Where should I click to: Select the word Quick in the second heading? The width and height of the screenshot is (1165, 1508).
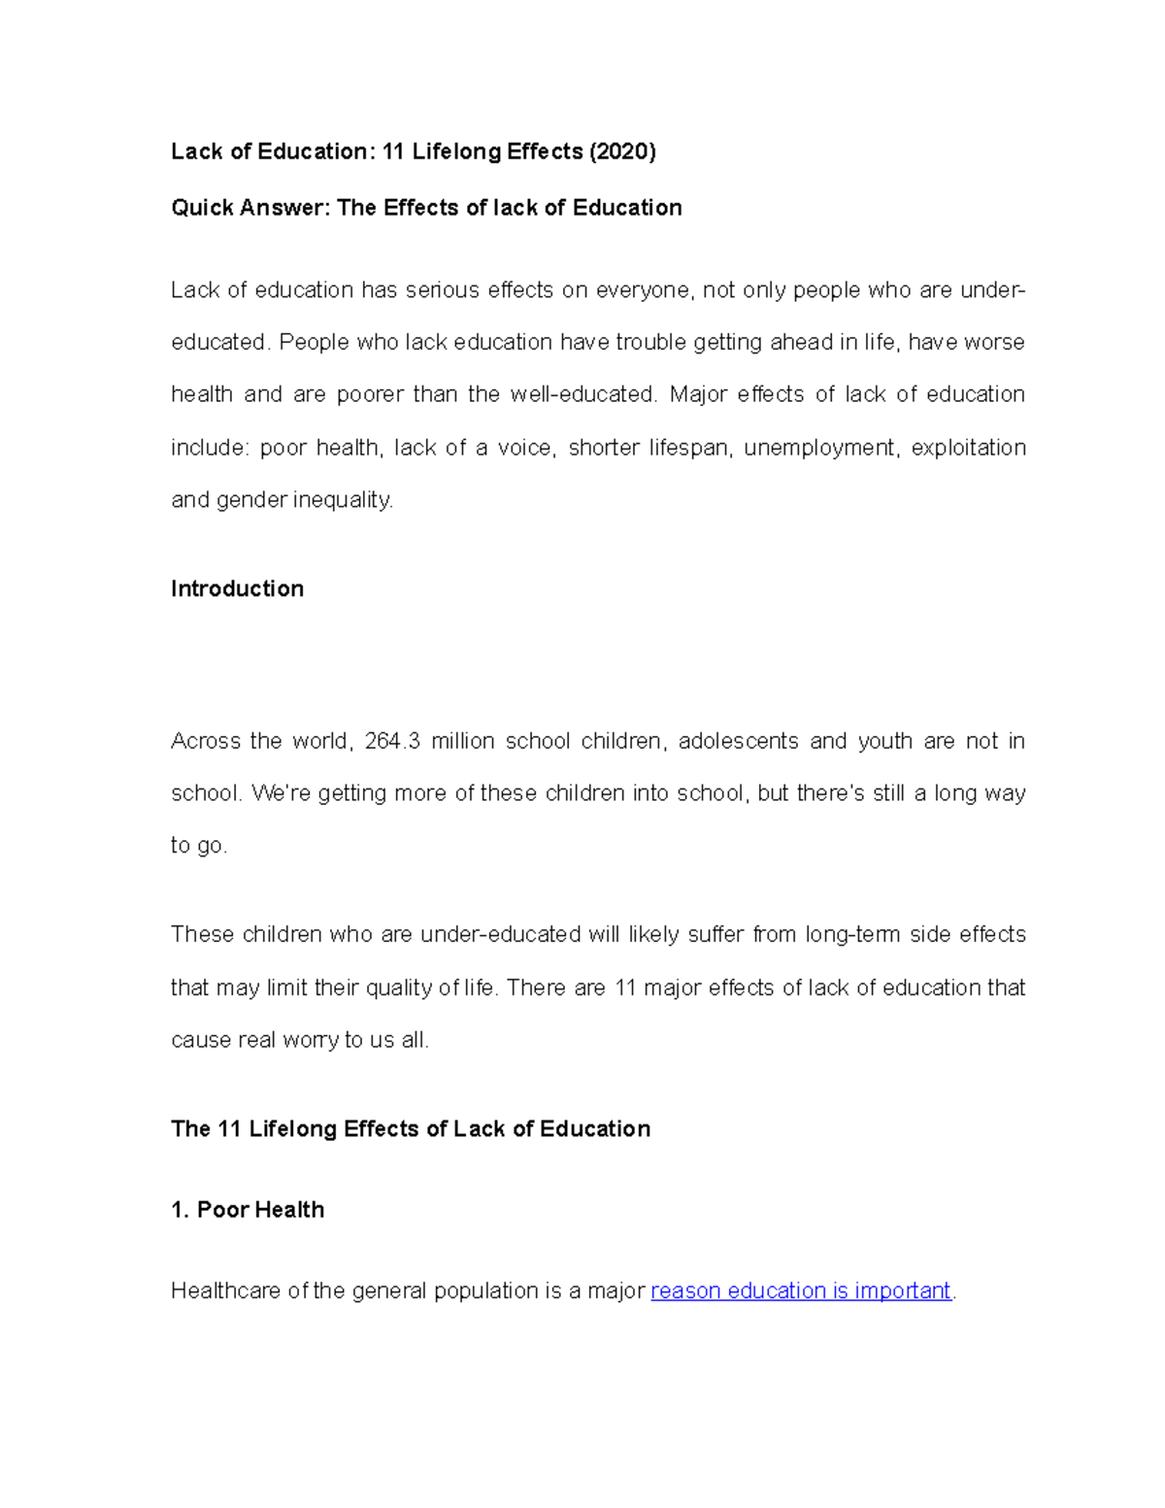click(x=201, y=208)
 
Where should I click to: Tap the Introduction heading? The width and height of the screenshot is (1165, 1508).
click(x=237, y=588)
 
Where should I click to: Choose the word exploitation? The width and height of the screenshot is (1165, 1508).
click(x=968, y=448)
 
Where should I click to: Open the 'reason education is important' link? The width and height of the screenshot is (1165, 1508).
click(x=801, y=1290)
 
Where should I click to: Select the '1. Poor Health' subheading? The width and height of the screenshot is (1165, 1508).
click(x=248, y=1209)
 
